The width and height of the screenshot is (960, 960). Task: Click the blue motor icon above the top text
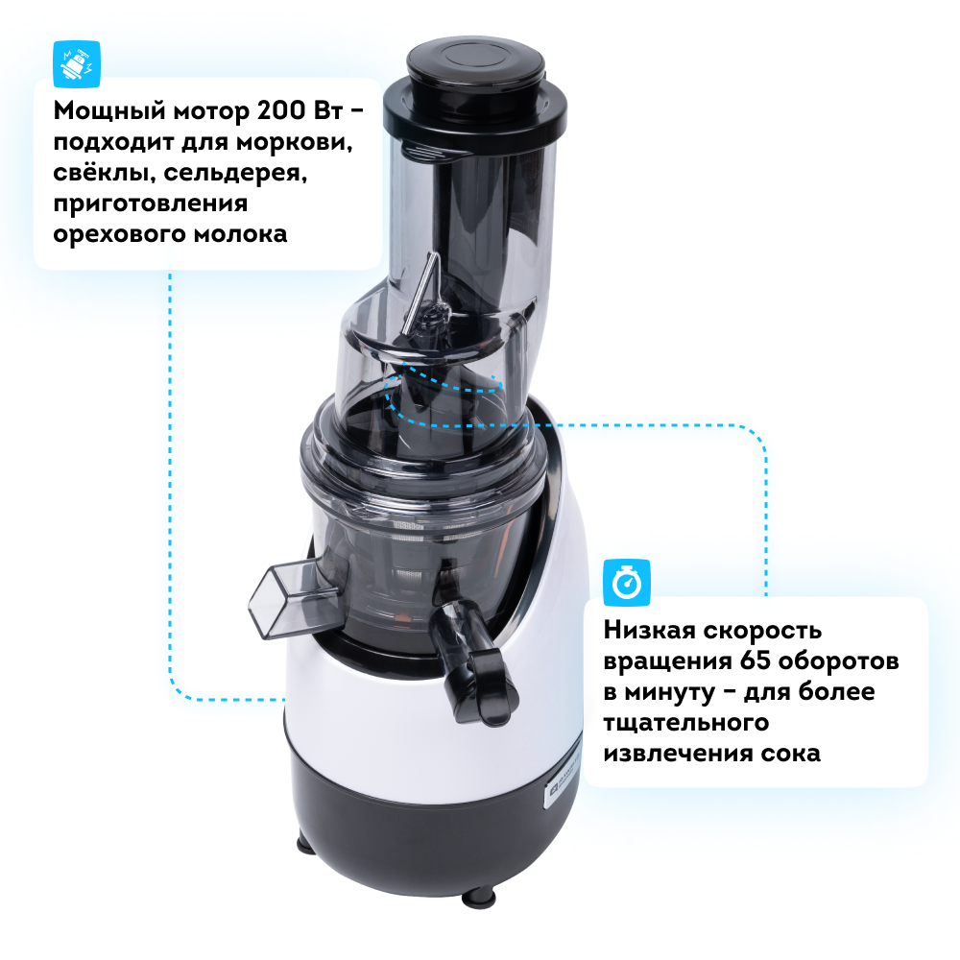(x=77, y=63)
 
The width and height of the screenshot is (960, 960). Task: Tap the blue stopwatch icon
(x=626, y=583)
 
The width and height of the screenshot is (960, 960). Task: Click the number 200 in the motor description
(x=281, y=110)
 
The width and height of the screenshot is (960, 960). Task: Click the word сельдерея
(x=235, y=173)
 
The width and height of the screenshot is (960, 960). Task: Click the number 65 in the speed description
(x=755, y=660)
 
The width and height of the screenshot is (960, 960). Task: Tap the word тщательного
(x=685, y=723)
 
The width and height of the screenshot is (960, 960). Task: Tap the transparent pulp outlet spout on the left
(x=294, y=597)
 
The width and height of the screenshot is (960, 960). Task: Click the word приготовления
(x=151, y=204)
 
